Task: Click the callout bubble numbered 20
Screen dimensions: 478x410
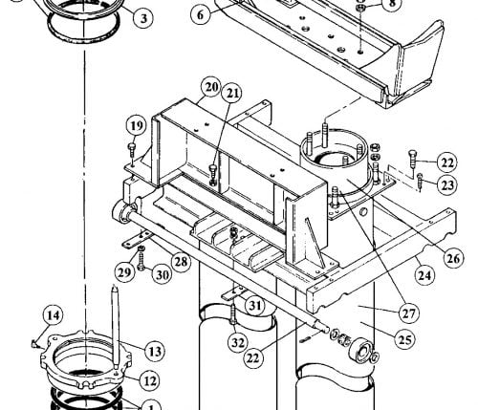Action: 211,87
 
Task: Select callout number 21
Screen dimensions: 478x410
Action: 232,93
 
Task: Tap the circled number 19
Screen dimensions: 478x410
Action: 137,126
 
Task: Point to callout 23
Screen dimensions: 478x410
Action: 446,184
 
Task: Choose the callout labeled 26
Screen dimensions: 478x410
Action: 454,258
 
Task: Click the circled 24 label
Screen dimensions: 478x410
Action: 425,274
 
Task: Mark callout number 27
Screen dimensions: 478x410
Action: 409,313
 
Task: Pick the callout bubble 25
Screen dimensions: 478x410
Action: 404,339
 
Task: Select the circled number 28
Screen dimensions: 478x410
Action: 181,262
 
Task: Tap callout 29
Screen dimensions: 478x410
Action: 124,272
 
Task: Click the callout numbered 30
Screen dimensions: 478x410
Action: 162,274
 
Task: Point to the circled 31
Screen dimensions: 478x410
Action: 255,306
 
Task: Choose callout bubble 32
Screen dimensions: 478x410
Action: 238,343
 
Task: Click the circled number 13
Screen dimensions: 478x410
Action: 155,352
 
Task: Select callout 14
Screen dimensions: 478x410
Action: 53,315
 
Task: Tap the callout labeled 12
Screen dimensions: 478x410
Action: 150,380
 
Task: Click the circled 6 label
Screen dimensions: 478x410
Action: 201,14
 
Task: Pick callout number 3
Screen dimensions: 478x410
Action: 143,18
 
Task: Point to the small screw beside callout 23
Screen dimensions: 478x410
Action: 420,182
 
